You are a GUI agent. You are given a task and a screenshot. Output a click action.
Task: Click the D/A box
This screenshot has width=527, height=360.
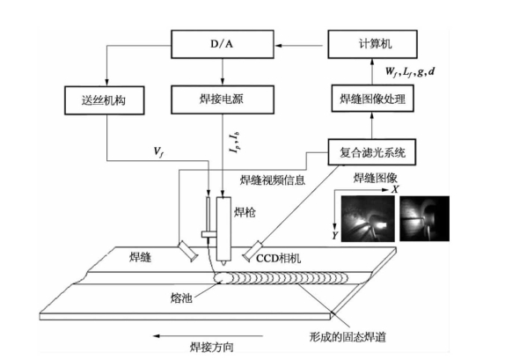click(x=223, y=44)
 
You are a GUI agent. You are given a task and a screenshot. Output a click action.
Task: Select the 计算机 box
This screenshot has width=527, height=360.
click(x=372, y=44)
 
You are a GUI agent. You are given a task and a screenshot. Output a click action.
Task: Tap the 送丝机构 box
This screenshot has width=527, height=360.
click(x=104, y=100)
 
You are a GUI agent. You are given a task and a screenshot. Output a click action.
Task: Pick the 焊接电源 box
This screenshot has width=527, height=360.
click(x=223, y=99)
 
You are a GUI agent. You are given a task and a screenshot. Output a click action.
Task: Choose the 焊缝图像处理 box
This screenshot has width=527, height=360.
click(x=372, y=99)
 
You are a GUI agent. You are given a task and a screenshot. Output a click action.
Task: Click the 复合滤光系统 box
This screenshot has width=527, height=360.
click(x=372, y=152)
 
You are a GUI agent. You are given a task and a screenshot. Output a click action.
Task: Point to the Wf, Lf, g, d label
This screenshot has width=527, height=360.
click(x=410, y=72)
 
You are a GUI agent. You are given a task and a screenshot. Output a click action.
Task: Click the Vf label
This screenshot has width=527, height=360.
click(x=158, y=152)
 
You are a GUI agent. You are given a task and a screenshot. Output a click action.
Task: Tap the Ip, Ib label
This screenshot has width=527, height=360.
click(x=235, y=143)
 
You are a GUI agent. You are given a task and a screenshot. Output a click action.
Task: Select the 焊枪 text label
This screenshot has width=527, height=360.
click(x=245, y=212)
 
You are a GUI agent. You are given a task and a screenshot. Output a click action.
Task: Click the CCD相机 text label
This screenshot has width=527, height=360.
click(x=278, y=258)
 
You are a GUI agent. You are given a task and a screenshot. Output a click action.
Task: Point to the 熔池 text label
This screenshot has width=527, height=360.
click(x=181, y=298)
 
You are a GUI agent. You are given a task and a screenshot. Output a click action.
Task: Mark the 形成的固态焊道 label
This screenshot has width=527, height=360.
click(x=348, y=336)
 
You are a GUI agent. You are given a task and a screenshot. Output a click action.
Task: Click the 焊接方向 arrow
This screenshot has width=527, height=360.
click(x=208, y=335)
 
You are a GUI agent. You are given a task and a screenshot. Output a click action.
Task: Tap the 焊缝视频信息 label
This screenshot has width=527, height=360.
click(x=273, y=180)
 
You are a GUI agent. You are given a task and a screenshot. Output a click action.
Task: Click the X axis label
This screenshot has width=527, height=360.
click(x=394, y=189)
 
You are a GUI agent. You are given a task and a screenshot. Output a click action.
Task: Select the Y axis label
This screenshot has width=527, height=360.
click(x=334, y=235)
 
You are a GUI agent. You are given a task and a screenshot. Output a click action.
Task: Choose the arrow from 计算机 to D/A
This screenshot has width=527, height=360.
click(x=301, y=45)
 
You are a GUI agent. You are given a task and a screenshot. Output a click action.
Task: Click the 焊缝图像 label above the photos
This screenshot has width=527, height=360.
click(x=375, y=178)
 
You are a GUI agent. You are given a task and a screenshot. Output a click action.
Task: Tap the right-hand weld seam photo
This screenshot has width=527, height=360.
click(x=424, y=218)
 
